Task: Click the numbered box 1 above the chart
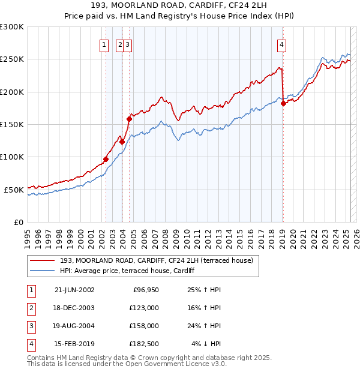104,44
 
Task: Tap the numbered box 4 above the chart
281,44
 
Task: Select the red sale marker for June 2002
106,159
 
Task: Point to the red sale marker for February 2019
283,103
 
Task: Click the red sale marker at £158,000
129,119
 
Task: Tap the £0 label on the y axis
18,222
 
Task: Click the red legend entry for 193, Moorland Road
157,260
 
